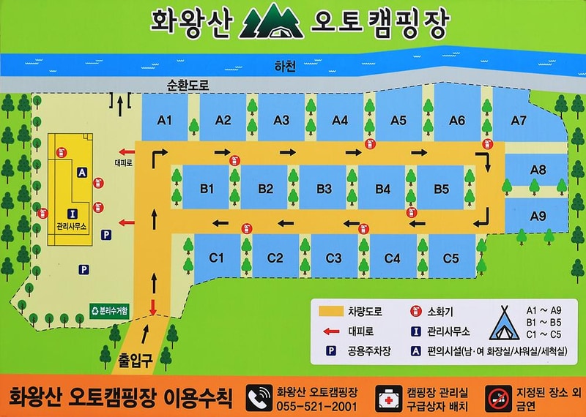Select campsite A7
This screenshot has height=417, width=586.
[x=519, y=120]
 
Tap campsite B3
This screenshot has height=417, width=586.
[x=324, y=188]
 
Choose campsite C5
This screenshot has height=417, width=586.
[x=450, y=258]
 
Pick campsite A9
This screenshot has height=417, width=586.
[x=538, y=216]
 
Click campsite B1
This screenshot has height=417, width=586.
[x=207, y=188]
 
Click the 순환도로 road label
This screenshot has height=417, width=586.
[x=188, y=85]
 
